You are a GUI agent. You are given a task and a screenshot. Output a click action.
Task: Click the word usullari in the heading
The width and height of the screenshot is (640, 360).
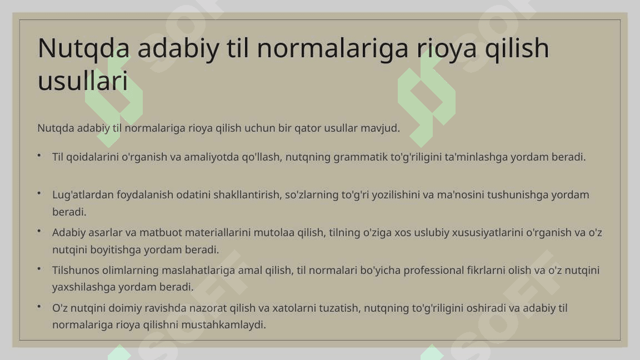click(83, 81)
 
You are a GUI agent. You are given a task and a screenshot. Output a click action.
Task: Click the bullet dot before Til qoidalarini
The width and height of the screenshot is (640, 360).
click(39, 156)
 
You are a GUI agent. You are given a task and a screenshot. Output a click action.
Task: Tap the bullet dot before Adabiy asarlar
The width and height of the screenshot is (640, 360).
click(39, 231)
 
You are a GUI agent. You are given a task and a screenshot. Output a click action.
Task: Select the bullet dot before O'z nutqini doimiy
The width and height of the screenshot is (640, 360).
click(39, 307)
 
